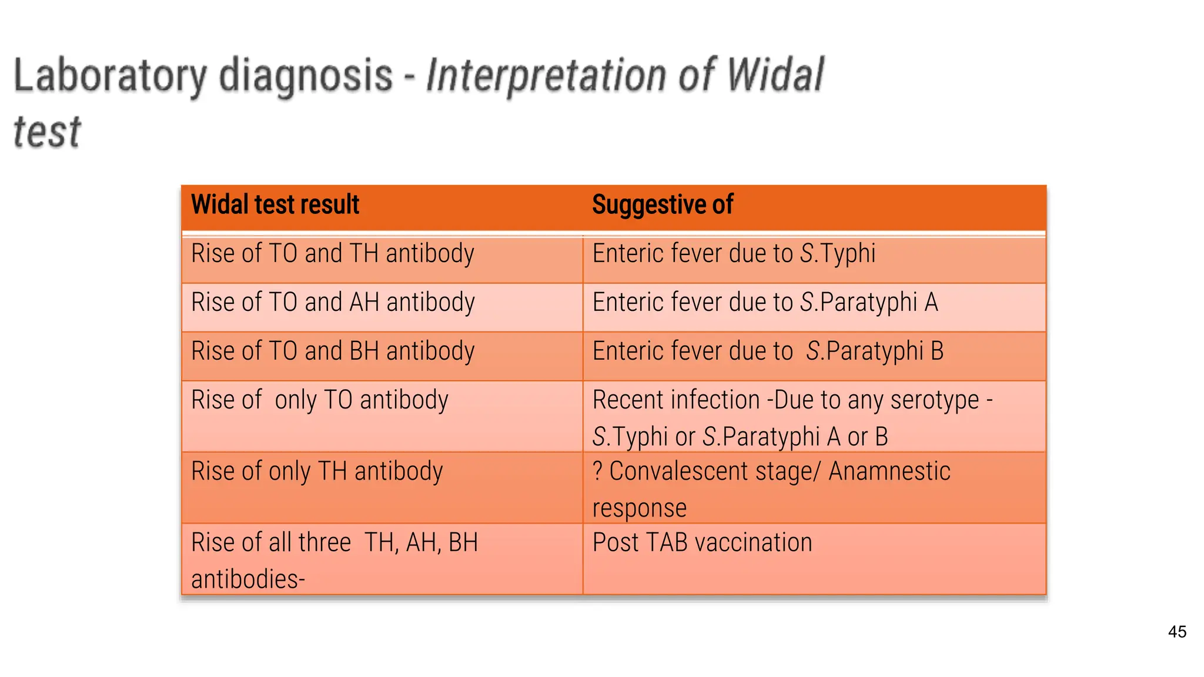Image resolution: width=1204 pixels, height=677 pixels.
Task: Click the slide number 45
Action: [x=1177, y=632]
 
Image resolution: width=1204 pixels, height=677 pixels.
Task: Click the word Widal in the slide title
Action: [x=775, y=75]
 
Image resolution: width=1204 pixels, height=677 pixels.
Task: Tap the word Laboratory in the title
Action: [x=109, y=76]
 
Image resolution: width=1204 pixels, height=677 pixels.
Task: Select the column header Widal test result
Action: [x=275, y=205]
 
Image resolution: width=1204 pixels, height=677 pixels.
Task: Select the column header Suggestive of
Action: [x=663, y=205]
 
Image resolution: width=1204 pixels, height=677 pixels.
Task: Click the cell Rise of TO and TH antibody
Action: [x=333, y=254]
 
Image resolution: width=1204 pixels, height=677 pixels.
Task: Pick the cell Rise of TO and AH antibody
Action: [x=333, y=303]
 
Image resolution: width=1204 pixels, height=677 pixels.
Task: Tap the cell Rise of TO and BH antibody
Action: [x=333, y=351]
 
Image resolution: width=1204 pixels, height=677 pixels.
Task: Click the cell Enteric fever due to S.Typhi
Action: [x=734, y=254]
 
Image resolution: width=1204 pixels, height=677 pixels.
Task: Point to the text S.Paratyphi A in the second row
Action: [x=869, y=303]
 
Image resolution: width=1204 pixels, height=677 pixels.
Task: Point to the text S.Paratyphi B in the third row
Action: [x=875, y=351]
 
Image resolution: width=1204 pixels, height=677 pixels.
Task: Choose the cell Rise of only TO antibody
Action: [x=320, y=400]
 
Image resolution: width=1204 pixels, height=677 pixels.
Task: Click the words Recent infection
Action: [x=676, y=400]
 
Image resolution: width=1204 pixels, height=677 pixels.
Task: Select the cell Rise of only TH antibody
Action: [x=317, y=471]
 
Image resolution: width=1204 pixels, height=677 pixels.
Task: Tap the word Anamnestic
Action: [x=889, y=471]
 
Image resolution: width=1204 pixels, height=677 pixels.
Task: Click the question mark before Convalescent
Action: [x=597, y=471]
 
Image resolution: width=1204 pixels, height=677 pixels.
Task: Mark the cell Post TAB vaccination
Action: [x=702, y=542]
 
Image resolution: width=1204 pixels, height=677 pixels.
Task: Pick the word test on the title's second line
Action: [x=47, y=132]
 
